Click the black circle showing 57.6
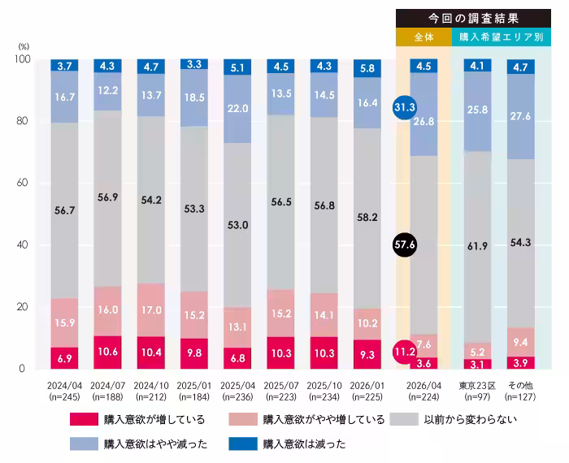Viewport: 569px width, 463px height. point(404,244)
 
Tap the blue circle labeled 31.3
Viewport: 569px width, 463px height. point(404,107)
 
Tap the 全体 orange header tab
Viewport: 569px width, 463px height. point(423,37)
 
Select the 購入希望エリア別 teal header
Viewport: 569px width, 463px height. point(502,37)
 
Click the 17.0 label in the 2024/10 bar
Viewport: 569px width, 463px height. point(151,309)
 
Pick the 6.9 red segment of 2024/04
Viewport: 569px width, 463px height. point(65,358)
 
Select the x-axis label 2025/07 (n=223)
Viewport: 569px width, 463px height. point(279,391)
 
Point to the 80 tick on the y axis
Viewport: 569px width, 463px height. point(22,122)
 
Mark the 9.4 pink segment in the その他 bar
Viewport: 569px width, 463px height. point(520,342)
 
